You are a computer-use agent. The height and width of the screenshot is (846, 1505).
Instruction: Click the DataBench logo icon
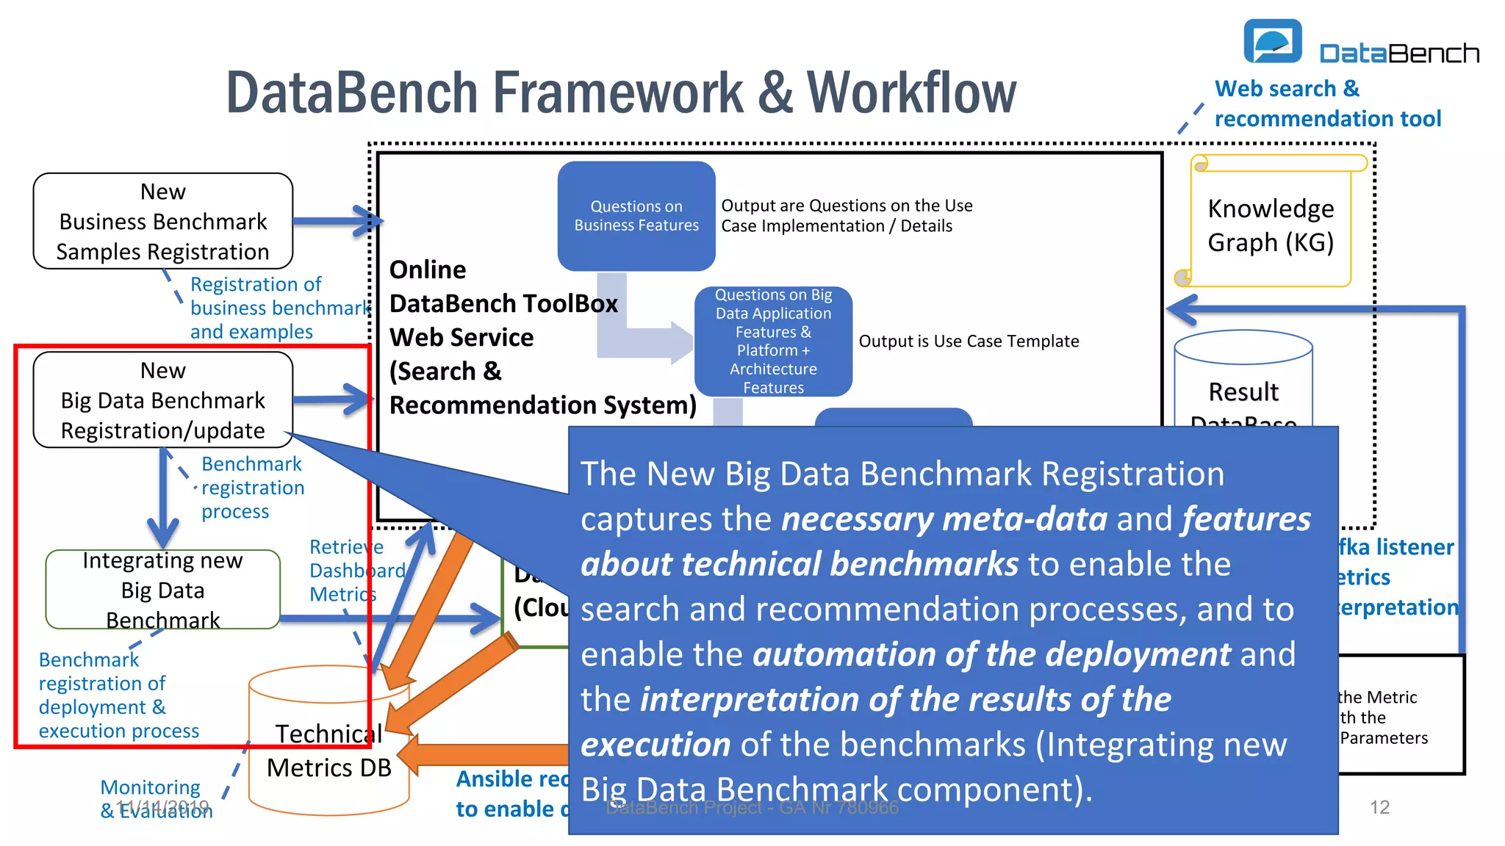pos(1272,42)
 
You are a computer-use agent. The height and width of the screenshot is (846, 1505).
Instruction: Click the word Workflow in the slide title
pos(911,93)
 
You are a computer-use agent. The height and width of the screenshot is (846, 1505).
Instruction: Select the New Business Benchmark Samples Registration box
pos(163,221)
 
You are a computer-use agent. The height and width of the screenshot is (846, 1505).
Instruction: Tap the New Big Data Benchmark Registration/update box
pos(163,400)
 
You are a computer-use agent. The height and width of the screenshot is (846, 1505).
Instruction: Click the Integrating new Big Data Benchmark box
pos(163,590)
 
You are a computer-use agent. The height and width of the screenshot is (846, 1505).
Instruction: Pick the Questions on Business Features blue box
pos(636,216)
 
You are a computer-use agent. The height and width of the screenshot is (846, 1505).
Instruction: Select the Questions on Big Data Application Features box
pos(773,341)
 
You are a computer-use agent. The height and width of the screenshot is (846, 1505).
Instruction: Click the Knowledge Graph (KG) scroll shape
pos(1271,225)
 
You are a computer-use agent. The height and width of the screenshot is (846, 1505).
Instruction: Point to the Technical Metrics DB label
pos(328,751)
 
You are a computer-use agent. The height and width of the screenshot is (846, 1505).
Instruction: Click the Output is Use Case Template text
pos(969,341)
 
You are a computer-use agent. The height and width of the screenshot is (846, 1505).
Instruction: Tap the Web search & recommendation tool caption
pos(1326,104)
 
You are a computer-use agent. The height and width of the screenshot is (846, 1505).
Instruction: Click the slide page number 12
pos(1379,807)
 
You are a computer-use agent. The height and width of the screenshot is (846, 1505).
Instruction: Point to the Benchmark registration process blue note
pos(252,488)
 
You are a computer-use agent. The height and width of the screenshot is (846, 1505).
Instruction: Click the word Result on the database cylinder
pos(1243,392)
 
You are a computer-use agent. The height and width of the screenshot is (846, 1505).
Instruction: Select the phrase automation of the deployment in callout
pos(991,654)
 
